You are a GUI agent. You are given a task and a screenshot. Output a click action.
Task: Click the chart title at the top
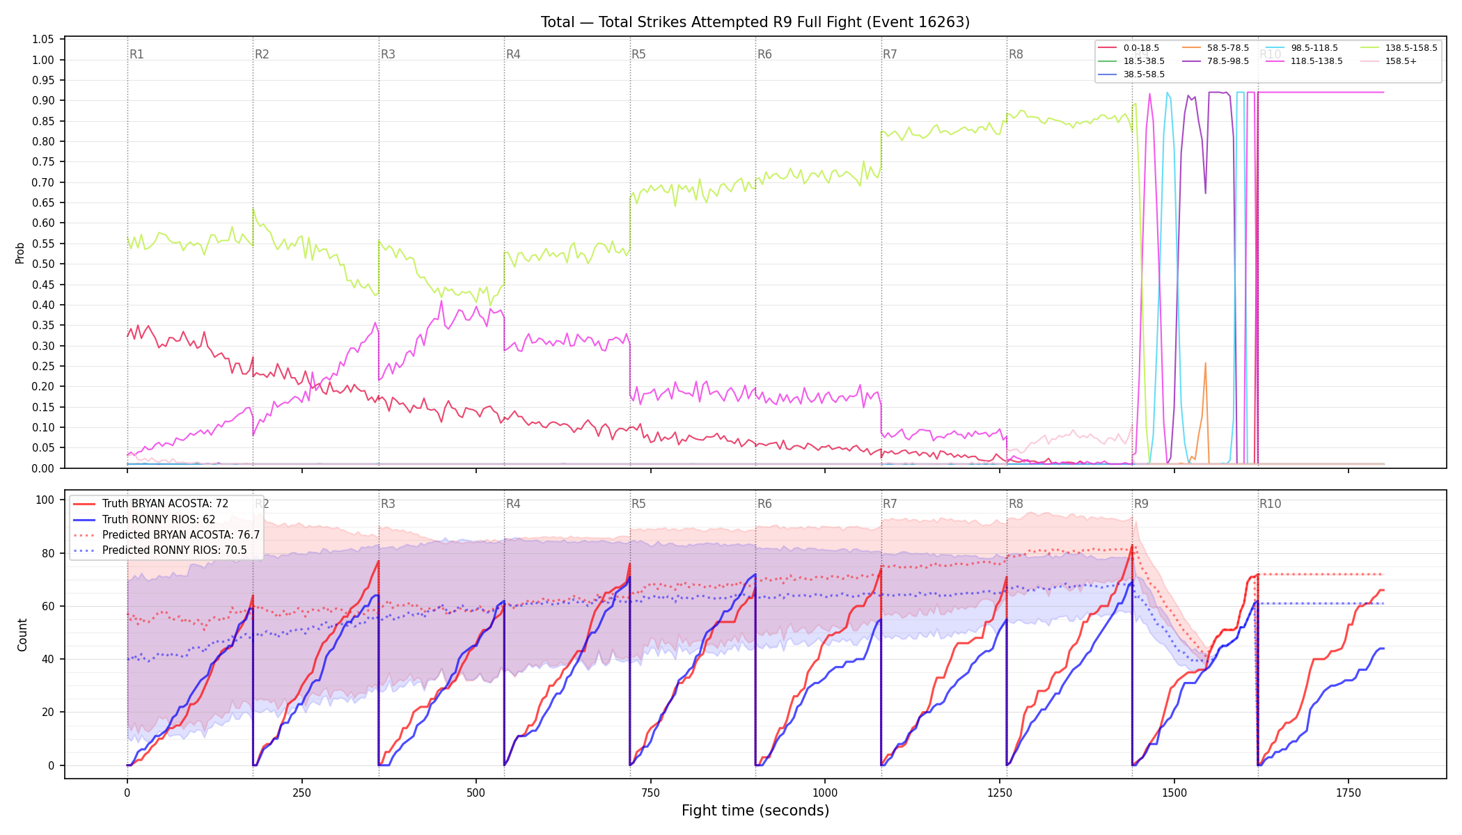[755, 22]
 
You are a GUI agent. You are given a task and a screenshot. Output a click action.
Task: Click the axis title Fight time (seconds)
[755, 811]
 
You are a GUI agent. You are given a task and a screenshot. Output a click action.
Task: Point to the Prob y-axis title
[20, 253]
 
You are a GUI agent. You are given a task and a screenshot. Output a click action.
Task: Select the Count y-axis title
[22, 635]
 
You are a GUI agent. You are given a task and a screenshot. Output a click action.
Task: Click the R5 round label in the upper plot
[638, 54]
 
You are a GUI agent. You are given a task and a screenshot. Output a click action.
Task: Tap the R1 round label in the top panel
[136, 54]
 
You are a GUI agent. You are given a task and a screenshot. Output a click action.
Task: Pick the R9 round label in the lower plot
[1141, 504]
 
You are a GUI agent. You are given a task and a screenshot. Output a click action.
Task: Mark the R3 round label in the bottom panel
[388, 504]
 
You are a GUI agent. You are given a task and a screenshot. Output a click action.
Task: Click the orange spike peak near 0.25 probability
[1205, 363]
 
